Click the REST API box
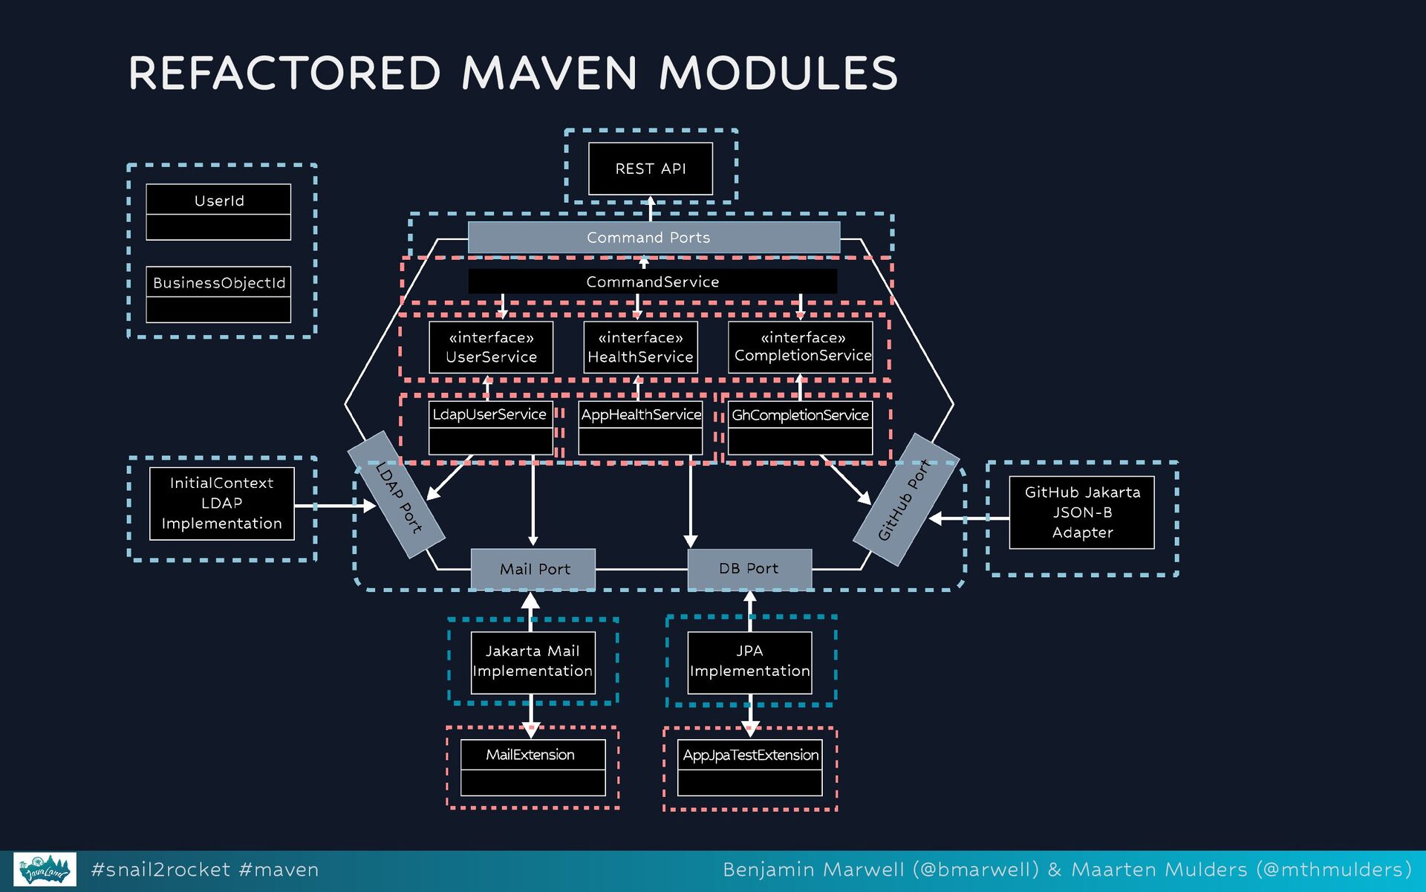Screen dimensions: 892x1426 (650, 169)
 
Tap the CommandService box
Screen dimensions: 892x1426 (652, 281)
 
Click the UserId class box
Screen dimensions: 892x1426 (218, 212)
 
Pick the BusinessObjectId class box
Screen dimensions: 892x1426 (218, 294)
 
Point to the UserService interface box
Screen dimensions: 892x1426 (491, 347)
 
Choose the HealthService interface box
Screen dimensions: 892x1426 (640, 347)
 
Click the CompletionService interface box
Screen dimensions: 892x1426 (801, 347)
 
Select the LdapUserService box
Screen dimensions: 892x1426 (490, 427)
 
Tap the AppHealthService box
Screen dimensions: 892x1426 (640, 427)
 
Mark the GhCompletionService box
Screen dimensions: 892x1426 (800, 427)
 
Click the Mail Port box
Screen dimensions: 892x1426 (533, 569)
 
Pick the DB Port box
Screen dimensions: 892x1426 (749, 569)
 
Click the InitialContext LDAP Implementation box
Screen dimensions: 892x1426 (221, 503)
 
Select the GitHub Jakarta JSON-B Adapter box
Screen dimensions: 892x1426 (1081, 512)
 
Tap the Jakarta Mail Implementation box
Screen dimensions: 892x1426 (533, 662)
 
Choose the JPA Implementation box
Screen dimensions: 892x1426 (749, 662)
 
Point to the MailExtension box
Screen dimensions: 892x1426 (533, 767)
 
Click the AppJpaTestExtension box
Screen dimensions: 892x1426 (750, 767)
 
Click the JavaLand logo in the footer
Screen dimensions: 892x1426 (45, 870)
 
